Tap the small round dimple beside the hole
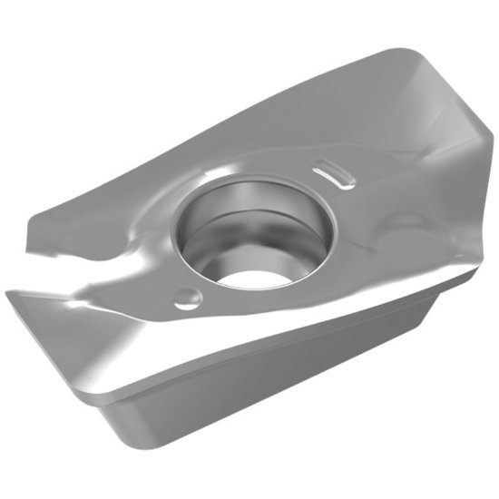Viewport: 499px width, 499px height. [x=185, y=296]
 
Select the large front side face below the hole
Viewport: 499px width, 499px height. [x=263, y=381]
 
